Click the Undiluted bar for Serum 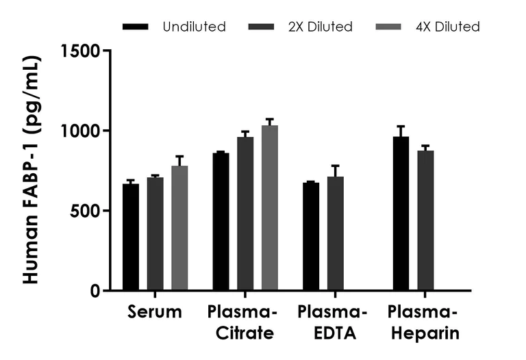coord(131,237)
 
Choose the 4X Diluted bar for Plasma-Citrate coord(270,208)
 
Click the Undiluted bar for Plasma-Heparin coord(401,214)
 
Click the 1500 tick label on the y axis coord(82,51)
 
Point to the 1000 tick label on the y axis coord(82,131)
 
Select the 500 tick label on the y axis coord(87,211)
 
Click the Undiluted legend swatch coord(136,27)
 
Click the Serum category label coord(155,313)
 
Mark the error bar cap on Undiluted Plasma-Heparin coord(401,127)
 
